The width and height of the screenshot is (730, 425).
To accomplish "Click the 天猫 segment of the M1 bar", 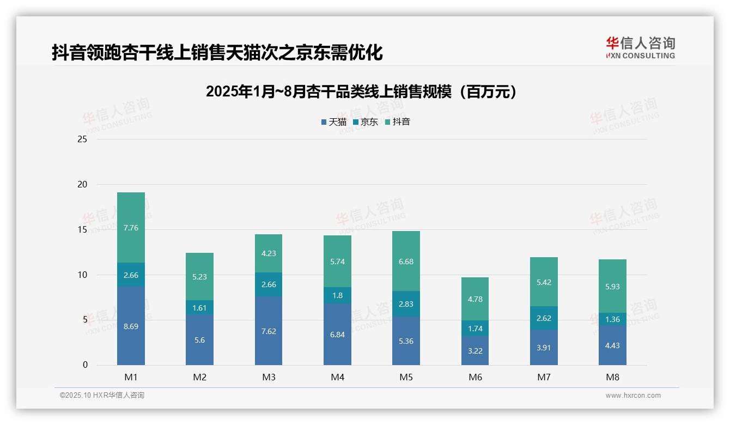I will (131, 326).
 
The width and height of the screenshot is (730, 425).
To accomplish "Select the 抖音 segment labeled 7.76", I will (131, 228).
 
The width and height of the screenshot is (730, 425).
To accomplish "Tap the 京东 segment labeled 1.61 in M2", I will (199, 307).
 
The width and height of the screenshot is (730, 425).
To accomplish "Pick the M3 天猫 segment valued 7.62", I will (268, 331).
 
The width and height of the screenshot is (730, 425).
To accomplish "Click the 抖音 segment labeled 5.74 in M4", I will (337, 262).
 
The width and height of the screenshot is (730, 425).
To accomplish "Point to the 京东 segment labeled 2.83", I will (406, 303).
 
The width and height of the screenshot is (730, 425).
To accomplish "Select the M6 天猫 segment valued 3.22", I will (474, 350).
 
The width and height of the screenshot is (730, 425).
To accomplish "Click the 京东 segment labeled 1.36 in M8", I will (612, 319).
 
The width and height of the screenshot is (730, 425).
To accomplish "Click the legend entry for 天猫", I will (334, 122).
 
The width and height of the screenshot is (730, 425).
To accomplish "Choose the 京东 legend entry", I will (366, 122).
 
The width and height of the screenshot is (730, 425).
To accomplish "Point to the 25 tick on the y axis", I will (82, 139).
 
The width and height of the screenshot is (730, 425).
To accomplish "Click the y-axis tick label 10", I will (82, 275).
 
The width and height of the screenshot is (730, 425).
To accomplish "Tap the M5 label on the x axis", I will (406, 377).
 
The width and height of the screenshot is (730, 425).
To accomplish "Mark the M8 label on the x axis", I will (612, 377).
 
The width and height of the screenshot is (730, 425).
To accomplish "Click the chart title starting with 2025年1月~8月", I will (361, 92).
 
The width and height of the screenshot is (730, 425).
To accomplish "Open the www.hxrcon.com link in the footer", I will (632, 396).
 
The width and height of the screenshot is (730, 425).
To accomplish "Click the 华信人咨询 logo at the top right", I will (640, 48).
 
